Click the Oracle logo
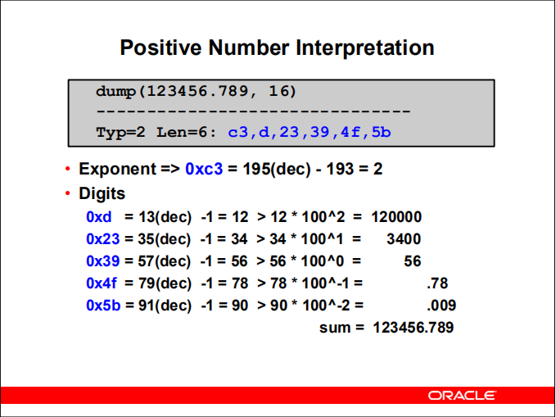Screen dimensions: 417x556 click(462, 396)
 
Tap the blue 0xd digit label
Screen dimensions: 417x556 click(98, 217)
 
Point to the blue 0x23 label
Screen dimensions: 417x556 click(102, 239)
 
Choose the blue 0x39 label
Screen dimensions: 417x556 click(102, 261)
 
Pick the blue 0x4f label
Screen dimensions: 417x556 click(102, 283)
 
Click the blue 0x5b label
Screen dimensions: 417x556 click(102, 306)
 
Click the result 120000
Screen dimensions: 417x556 click(396, 217)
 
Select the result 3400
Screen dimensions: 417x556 click(404, 239)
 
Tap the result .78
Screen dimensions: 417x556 click(436, 283)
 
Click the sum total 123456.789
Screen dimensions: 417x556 click(413, 328)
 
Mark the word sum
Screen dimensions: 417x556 click(332, 328)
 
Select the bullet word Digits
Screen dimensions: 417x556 click(102, 194)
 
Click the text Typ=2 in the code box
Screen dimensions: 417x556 click(120, 131)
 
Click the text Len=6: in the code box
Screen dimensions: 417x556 click(188, 131)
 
